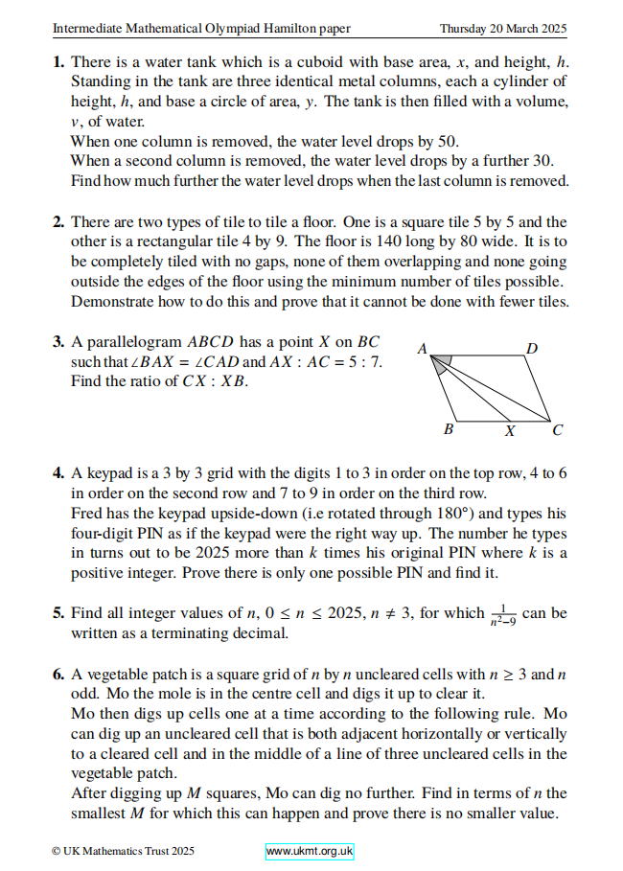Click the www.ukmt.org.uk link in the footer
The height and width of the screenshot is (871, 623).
pyautogui.click(x=310, y=851)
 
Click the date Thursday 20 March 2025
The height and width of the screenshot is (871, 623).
pyautogui.click(x=502, y=28)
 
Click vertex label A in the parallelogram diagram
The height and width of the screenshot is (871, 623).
pyautogui.click(x=422, y=350)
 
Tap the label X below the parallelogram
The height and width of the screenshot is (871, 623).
pyautogui.click(x=510, y=431)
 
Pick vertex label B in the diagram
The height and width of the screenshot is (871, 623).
pyautogui.click(x=448, y=430)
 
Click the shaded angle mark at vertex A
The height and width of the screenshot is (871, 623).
pyautogui.click(x=441, y=363)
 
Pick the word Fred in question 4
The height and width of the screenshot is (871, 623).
pyautogui.click(x=86, y=514)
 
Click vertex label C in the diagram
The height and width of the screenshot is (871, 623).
pyautogui.click(x=558, y=430)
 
